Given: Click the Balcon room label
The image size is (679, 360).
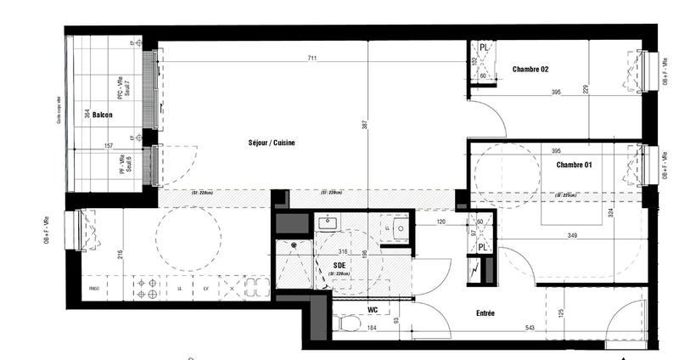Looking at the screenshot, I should tap(104, 113).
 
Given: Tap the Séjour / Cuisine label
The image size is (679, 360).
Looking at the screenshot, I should tap(272, 143).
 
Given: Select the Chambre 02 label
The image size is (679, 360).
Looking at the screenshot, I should tap(530, 70).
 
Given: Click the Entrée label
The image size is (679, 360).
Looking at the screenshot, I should tap(480, 313).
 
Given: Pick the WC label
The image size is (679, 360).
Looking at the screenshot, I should tap(372, 310).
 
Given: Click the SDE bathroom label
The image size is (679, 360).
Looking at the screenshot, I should tap(339, 264).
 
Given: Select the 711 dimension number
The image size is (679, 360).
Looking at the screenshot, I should tap(313, 59).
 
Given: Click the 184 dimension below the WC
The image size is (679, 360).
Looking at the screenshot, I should tap(371, 328).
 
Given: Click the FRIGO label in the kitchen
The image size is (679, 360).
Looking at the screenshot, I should tap(94, 290).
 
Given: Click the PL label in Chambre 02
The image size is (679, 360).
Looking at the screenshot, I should tap(483, 48).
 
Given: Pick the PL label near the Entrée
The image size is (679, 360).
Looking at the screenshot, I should tap(481, 246).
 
